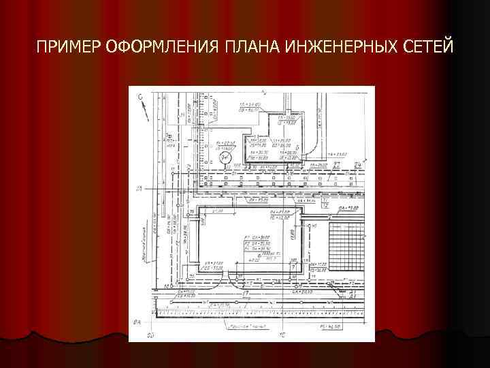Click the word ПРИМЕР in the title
coord(69,47)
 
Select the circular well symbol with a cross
coord(226,157)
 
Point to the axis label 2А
coord(138,188)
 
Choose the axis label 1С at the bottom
coord(282,335)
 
